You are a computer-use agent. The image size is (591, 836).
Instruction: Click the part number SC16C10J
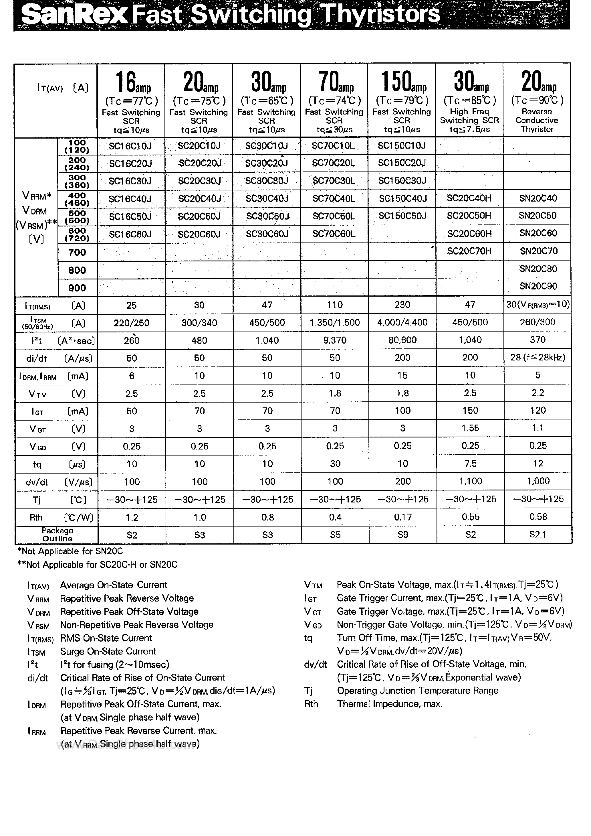pos(130,146)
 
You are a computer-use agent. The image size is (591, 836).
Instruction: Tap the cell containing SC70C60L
pos(334,234)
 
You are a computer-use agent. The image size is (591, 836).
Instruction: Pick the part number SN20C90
pos(538,286)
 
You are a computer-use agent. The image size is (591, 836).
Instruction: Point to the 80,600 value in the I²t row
pos(402,340)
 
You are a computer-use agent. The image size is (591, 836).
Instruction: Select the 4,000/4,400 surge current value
pos(402,322)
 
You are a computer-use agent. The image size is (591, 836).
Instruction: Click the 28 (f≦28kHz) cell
pos(538,358)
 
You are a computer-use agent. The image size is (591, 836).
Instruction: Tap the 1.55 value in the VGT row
pos(470,428)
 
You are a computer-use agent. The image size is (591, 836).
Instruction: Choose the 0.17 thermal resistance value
pos(402,517)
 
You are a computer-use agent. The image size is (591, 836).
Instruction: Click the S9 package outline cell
pos(402,535)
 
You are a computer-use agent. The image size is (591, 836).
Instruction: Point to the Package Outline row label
pos(57,535)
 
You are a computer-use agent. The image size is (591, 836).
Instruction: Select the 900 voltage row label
pos(77,288)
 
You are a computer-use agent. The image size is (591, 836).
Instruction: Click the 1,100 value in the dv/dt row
pos(470,481)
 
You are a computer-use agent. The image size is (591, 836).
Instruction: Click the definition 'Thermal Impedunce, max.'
pos(389,704)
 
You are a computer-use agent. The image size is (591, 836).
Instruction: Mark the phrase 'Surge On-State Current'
pos(108,651)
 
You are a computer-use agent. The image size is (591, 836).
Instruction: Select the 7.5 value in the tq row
pos(470,464)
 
